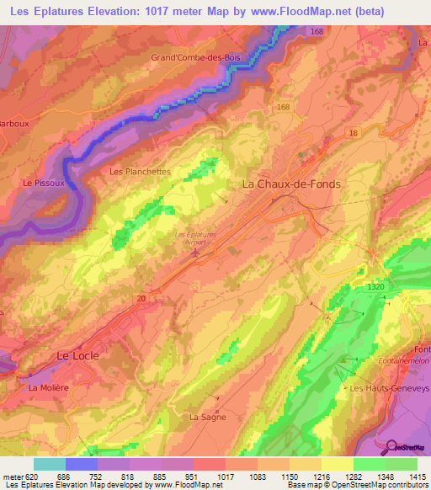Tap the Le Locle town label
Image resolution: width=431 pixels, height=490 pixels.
point(77,355)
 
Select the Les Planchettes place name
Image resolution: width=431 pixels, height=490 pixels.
point(140,171)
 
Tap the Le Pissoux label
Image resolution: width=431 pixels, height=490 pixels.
point(40,183)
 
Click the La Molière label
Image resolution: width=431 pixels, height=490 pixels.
point(50,388)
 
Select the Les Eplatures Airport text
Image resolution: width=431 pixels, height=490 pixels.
point(195,237)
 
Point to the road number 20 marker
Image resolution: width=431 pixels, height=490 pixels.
point(141,298)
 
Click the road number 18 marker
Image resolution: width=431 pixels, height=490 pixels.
point(353,133)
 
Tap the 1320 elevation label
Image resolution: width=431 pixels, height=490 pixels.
point(377,287)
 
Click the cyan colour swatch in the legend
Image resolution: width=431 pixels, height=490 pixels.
point(49,464)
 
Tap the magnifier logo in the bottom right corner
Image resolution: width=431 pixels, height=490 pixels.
point(391,447)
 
